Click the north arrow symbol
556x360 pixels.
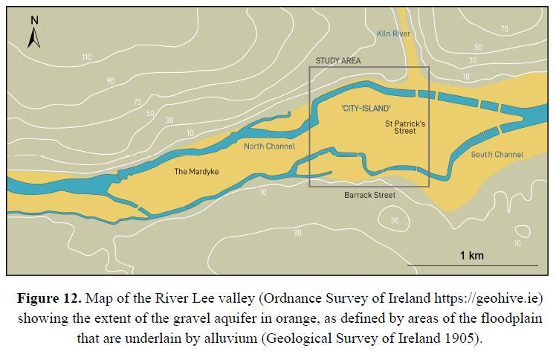33,32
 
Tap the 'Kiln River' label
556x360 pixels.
393,34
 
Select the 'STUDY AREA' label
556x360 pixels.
337,61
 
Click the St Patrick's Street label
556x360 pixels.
405,127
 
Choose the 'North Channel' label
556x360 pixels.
270,147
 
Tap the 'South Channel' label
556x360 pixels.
497,155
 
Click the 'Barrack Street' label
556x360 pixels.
369,195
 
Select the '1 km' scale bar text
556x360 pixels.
471,255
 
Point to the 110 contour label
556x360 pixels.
87,57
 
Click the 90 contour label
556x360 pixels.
111,81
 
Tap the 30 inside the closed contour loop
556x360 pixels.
395,220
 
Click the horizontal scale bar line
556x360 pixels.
472,265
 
